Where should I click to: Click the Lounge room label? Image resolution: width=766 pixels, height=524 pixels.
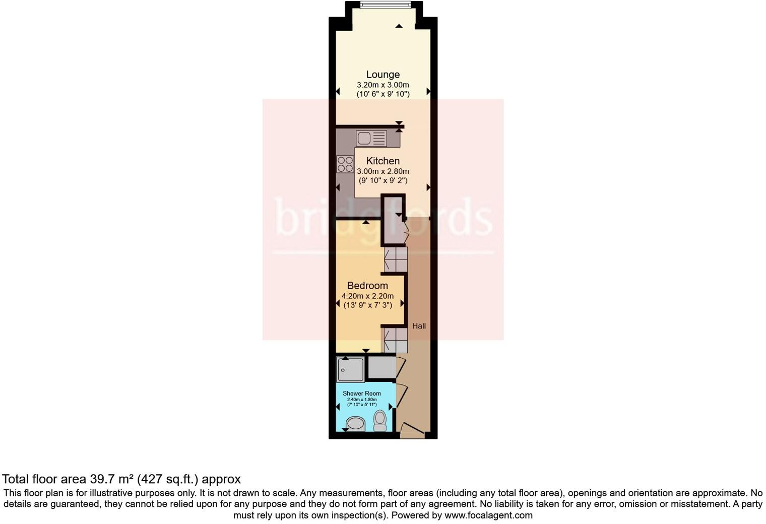coord(382,75)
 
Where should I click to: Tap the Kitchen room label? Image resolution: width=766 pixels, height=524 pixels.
coord(382,161)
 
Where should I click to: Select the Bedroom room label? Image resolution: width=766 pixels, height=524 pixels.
coord(367,286)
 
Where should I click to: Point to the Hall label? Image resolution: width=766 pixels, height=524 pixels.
coord(419,326)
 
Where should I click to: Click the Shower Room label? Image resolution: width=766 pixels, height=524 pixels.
coord(361,394)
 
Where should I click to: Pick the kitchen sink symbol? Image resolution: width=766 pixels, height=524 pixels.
coord(371,138)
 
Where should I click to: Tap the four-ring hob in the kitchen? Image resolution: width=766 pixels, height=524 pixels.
coord(345,164)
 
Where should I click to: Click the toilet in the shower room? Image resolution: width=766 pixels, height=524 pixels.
coord(380,420)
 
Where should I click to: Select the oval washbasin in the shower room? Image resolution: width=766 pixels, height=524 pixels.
coord(356,423)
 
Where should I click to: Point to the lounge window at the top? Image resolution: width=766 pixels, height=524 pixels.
coord(385,6)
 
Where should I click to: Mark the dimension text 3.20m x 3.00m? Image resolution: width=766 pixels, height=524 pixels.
coord(382,85)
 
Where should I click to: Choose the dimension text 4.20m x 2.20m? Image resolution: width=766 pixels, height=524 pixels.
coord(367,296)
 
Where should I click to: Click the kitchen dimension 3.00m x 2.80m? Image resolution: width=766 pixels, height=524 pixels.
coord(382,171)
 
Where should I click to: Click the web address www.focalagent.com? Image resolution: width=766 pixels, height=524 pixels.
coord(488,515)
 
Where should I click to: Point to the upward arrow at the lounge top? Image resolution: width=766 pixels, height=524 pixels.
coord(399,26)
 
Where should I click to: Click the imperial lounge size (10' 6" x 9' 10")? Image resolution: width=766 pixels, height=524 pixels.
coord(382,94)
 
